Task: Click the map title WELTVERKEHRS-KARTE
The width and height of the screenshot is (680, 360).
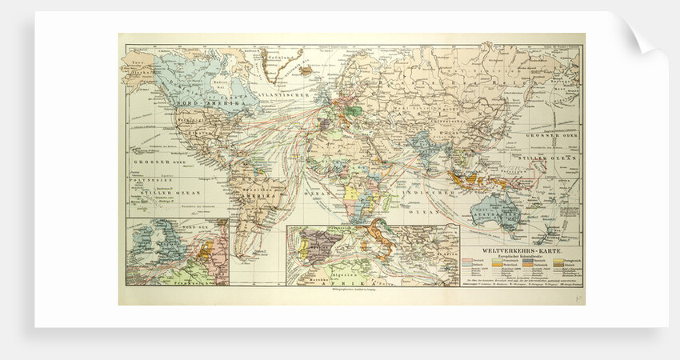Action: point(521,238)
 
